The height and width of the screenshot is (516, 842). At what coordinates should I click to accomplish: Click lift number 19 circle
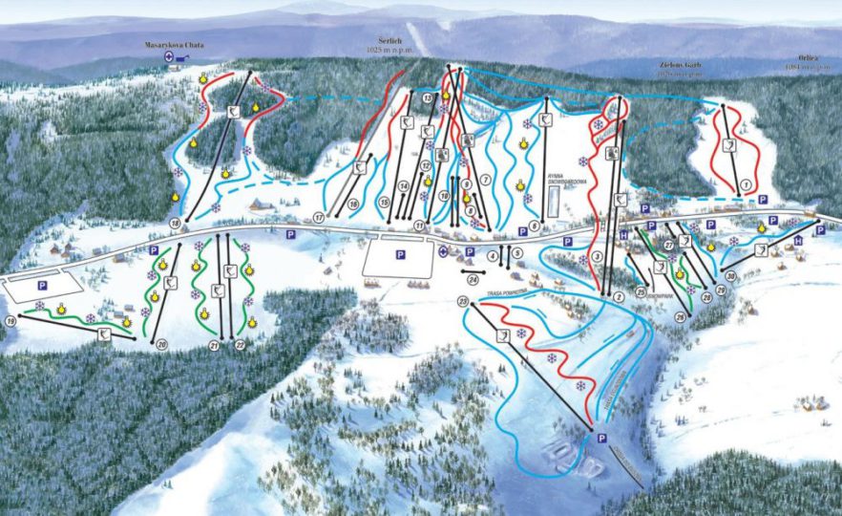click(11, 320)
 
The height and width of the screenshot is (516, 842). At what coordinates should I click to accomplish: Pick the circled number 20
click(162, 344)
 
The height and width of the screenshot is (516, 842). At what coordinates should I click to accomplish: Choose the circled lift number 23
click(465, 302)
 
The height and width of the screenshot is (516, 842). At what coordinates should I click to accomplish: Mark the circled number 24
click(473, 279)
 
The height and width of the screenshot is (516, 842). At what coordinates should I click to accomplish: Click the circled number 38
click(730, 276)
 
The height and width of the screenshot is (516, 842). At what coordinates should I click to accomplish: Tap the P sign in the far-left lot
click(41, 285)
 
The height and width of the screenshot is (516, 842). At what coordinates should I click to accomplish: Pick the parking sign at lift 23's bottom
click(600, 438)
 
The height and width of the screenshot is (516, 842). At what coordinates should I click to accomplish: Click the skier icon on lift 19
click(102, 332)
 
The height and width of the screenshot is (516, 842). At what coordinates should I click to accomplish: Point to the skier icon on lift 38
click(761, 250)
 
